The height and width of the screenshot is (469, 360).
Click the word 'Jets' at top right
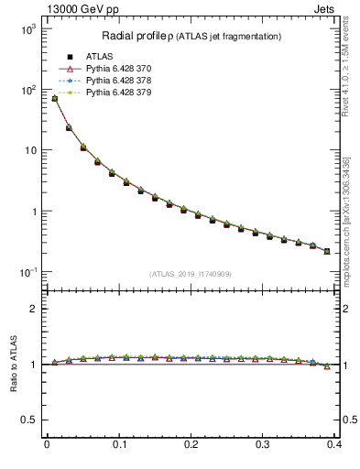(x=326, y=9)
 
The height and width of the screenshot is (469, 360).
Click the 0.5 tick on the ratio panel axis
(x=29, y=420)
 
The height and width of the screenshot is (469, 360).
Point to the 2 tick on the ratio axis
(x=33, y=309)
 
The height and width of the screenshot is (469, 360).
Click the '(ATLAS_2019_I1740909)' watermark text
(x=191, y=274)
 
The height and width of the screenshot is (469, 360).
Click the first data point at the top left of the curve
(x=54, y=98)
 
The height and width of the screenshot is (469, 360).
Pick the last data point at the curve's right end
(x=327, y=251)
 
